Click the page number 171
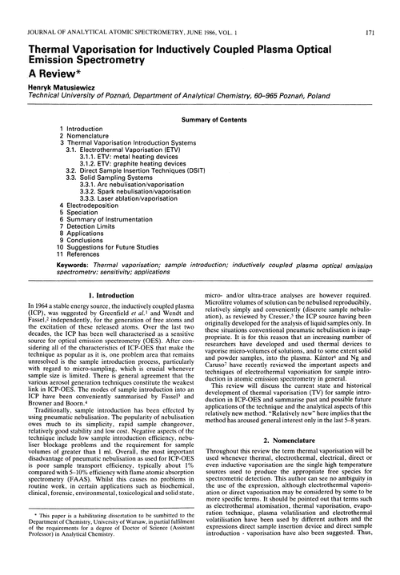[386, 10]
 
